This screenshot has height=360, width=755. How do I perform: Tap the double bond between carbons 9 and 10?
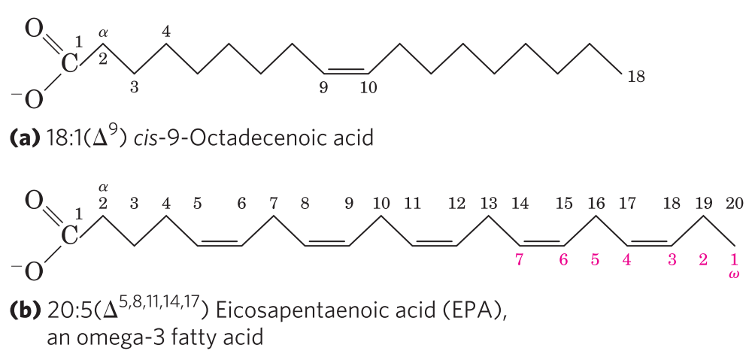click(346, 71)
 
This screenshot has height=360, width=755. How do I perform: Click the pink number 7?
click(519, 260)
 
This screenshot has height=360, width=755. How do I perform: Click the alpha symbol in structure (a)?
click(103, 32)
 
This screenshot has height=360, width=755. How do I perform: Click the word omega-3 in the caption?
click(118, 337)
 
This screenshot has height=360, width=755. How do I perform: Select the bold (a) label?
click(23, 139)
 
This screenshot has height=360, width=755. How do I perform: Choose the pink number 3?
click(672, 260)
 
